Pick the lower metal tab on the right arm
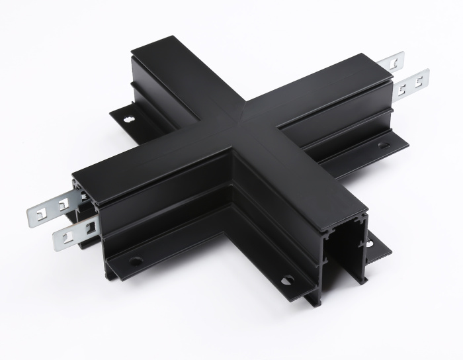(413, 80)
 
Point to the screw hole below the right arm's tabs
(383, 144)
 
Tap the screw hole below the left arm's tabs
(136, 261)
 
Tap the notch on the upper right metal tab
(394, 62)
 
